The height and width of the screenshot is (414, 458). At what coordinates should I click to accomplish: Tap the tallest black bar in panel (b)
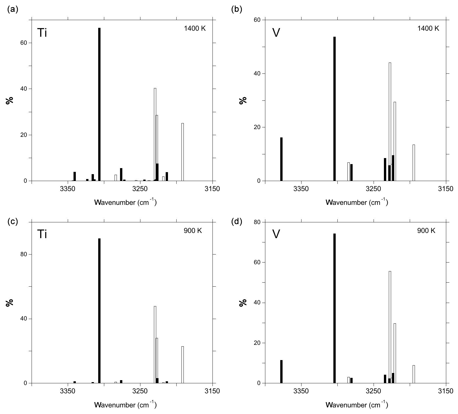[335, 109]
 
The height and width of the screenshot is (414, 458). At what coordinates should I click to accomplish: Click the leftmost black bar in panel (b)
[281, 159]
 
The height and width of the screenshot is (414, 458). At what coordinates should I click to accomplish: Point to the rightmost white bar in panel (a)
[183, 152]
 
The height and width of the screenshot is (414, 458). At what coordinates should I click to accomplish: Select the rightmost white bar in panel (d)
[414, 374]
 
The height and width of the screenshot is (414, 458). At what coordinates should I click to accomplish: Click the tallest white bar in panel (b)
[390, 120]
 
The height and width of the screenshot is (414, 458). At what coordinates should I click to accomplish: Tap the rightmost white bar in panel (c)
[183, 365]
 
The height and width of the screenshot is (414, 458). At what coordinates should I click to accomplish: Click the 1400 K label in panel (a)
[195, 28]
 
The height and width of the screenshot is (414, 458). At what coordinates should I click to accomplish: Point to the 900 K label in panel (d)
[426, 231]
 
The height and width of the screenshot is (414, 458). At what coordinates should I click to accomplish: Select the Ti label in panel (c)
[42, 235]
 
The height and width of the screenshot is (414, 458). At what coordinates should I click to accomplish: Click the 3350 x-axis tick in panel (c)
[68, 391]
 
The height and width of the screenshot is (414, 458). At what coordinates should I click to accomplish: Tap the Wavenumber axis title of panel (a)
[125, 202]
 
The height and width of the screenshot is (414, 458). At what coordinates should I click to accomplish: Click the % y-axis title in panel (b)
[244, 101]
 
